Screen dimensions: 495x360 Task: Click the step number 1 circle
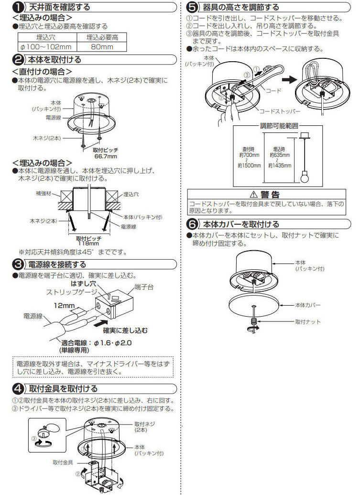(17, 7)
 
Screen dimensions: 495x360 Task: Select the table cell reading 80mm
(101, 46)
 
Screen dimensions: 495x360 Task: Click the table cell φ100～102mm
(46, 46)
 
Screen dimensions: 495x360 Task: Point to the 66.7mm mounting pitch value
(105, 156)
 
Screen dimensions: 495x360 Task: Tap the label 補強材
(44, 194)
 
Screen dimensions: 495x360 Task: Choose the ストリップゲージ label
(68, 291)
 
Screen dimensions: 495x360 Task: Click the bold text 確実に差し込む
(126, 330)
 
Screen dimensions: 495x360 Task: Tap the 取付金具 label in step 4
(63, 462)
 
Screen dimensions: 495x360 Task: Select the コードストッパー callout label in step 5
(280, 111)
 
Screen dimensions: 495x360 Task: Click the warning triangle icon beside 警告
(253, 195)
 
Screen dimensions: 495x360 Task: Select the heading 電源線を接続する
(57, 264)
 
